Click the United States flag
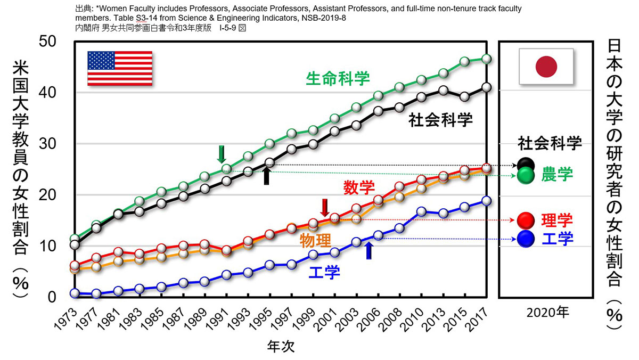pos(120,69)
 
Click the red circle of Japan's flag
pos(546,67)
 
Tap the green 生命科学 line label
pos(338,79)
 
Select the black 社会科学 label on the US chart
pos(440,120)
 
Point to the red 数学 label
pos(359,187)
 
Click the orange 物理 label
pos(315,240)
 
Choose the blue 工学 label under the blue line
pos(324,272)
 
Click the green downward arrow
pos(222,154)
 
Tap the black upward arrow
pos(266,176)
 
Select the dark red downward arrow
pos(325,208)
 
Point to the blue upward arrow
pos(369,250)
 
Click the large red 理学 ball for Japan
pos(526,220)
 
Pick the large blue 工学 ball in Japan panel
pos(526,239)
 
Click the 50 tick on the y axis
pos(47,42)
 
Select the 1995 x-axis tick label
pos(263,319)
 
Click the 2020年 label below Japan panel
pos(548,313)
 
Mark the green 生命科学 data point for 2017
pos(486,59)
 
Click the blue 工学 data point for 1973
pos(75,293)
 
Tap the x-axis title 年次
pos(281,346)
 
